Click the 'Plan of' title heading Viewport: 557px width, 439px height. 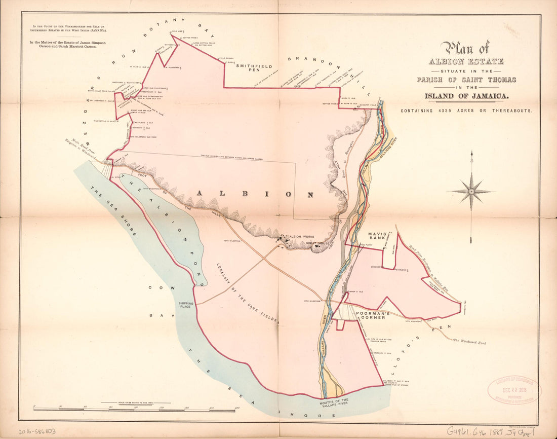[x=465, y=48]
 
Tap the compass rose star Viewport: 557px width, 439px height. [x=471, y=192]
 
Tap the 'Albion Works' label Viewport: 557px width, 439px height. [x=302, y=236]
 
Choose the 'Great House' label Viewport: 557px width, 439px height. [x=317, y=243]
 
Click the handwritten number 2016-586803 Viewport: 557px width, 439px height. [x=37, y=431]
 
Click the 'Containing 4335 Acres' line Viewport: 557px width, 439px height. [x=466, y=111]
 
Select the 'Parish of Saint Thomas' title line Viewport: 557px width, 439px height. [x=466, y=80]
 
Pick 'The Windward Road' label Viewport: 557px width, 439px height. [x=469, y=342]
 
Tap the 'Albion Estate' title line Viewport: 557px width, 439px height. [x=466, y=61]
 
